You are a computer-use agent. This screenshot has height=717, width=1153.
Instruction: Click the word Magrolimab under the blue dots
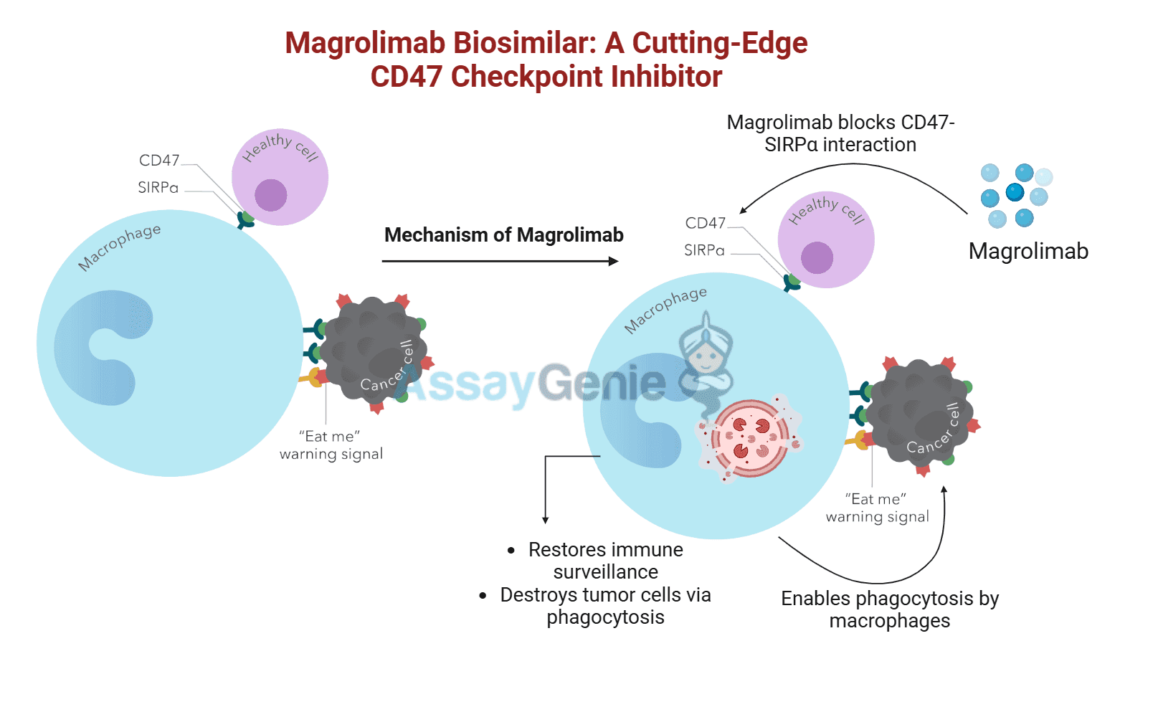[x=1028, y=252]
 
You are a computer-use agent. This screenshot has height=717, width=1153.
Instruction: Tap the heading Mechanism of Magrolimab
[x=503, y=235]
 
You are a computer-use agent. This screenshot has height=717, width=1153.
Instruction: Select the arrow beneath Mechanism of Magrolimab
[x=500, y=261]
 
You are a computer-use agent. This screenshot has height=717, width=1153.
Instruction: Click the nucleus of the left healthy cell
[x=270, y=194]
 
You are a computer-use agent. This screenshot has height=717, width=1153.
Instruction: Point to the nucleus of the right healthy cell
[x=817, y=257]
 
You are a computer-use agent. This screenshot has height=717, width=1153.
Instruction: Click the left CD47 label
[x=159, y=161]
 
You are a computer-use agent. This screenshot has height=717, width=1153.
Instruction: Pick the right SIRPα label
[x=704, y=250]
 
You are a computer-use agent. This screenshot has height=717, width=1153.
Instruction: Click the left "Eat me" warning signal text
[x=331, y=445]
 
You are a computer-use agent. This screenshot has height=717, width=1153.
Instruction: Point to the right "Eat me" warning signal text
[x=877, y=508]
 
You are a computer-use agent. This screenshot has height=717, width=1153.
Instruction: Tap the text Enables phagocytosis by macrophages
[x=889, y=609]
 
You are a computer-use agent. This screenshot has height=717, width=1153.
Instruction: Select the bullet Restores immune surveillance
[x=605, y=561]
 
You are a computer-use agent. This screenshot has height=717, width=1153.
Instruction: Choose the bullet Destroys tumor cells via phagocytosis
[x=605, y=606]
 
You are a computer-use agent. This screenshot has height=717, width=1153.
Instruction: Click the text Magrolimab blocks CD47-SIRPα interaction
[x=840, y=133]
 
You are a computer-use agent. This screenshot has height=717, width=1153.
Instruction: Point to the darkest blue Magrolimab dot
[x=1015, y=192]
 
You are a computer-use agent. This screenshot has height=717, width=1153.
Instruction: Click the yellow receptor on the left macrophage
[x=313, y=377]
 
